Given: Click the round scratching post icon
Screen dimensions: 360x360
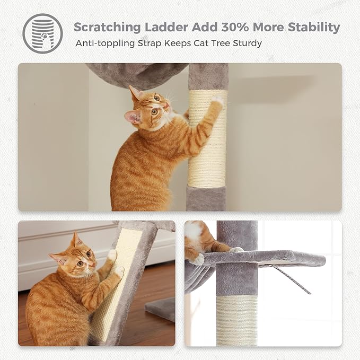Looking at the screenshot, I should point(42,33).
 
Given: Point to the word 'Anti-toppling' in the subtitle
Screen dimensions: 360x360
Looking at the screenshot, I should point(104,43).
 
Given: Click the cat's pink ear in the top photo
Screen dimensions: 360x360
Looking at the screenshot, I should point(132,117).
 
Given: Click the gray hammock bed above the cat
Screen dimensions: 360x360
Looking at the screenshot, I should point(135,74).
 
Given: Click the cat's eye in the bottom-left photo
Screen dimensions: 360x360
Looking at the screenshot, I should point(77,263).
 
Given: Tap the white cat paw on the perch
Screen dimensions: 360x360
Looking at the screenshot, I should point(198,259).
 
